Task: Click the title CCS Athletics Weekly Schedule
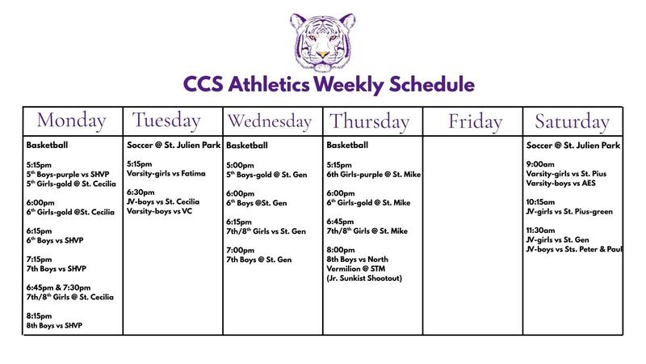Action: click(323, 84)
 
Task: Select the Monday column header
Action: click(72, 121)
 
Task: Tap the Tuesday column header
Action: click(166, 121)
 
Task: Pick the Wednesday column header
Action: click(270, 121)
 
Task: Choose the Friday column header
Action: click(474, 121)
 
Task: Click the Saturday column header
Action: click(572, 121)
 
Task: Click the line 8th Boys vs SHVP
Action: click(54, 325)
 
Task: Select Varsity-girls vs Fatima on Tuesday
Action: click(166, 173)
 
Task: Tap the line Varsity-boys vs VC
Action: click(161, 211)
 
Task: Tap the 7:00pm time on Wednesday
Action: click(240, 249)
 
